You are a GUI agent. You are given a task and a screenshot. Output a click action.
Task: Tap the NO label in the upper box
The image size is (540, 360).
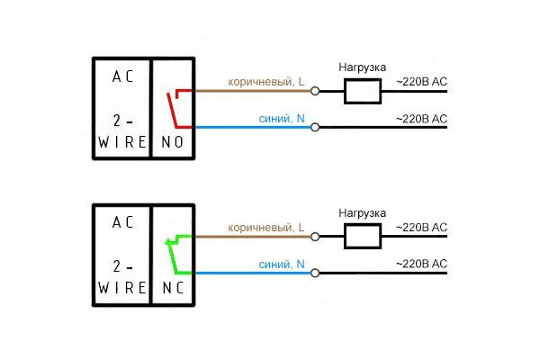[172, 142]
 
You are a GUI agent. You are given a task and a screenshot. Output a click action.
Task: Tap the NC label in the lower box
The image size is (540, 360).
[172, 288]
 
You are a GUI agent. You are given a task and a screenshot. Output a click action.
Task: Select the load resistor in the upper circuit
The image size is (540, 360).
[363, 90]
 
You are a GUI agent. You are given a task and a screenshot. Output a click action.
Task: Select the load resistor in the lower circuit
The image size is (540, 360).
[363, 236]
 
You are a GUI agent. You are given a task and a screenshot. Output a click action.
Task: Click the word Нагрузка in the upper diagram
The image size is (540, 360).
[363, 67]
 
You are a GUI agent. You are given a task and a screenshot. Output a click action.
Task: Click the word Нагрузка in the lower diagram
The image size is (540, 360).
[363, 212]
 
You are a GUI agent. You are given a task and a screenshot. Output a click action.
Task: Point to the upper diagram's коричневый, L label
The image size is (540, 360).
[267, 81]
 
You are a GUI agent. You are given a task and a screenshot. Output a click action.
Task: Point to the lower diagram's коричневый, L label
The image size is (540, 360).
[267, 227]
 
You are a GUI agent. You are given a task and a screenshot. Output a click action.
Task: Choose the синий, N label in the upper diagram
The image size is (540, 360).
[282, 118]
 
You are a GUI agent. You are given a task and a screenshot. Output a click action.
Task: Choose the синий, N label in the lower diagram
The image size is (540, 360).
[282, 264]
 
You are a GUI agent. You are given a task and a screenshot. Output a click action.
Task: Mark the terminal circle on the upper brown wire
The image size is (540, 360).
[315, 90]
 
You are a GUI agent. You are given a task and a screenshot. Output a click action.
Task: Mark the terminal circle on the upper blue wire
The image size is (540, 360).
[315, 127]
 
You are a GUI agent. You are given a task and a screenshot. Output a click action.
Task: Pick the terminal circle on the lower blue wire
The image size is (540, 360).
[315, 273]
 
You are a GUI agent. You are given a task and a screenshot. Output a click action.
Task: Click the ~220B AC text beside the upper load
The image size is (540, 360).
[421, 82]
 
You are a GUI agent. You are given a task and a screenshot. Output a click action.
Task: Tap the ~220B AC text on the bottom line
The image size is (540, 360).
[421, 264]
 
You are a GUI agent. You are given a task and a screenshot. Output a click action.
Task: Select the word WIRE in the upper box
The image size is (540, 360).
[121, 142]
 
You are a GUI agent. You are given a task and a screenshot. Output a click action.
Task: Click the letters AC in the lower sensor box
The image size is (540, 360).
[122, 221]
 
